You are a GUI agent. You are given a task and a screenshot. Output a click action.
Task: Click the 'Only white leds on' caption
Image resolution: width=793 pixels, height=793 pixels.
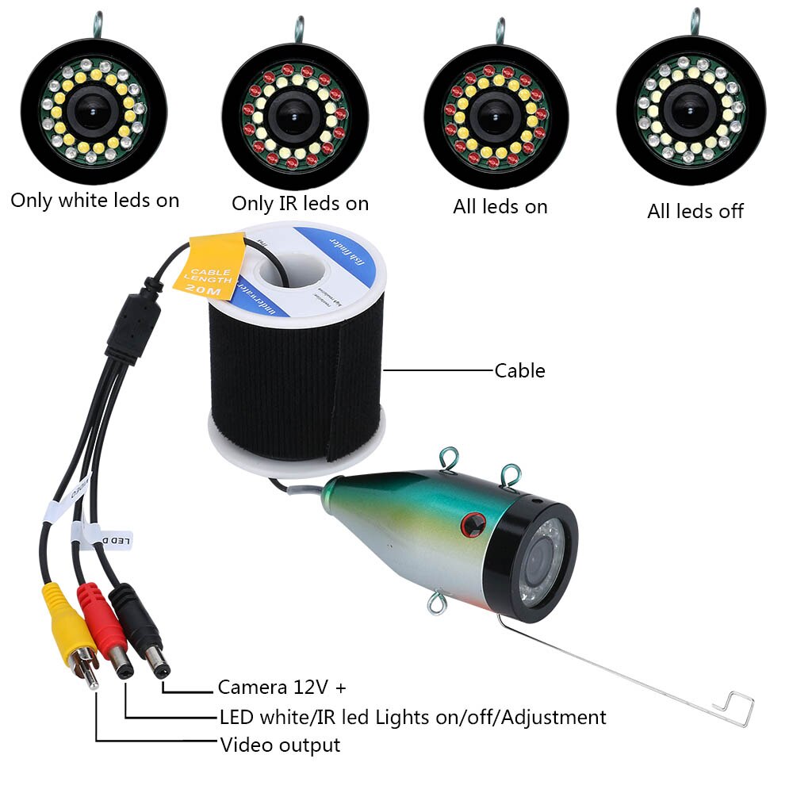click(x=95, y=200)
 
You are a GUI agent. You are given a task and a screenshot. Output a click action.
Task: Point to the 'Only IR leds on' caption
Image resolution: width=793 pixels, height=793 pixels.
click(x=300, y=203)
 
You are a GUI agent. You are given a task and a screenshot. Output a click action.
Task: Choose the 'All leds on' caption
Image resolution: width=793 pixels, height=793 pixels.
click(x=500, y=207)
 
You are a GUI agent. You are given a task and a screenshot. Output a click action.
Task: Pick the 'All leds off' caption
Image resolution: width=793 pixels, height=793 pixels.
click(x=695, y=211)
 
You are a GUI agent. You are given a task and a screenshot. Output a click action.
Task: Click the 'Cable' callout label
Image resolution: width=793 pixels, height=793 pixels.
click(x=519, y=370)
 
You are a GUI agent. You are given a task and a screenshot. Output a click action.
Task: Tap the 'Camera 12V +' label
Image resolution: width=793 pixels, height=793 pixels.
click(x=282, y=687)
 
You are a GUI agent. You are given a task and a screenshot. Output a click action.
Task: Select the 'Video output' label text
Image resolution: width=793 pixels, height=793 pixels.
click(x=280, y=745)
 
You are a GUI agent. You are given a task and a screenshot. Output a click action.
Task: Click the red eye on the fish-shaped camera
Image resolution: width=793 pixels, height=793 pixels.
click(x=473, y=524)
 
